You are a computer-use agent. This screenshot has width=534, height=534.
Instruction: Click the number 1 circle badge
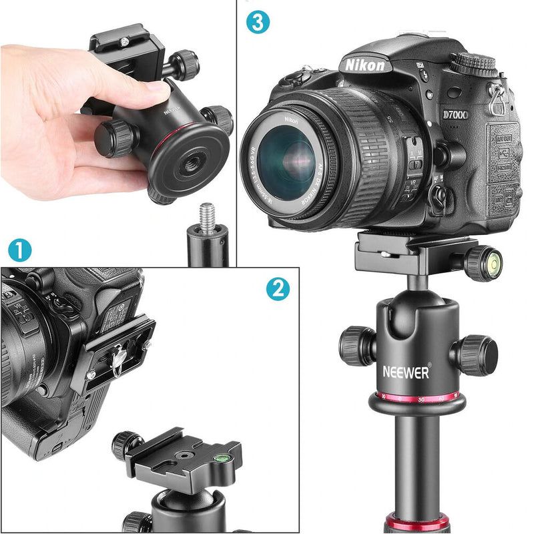coord(19,251)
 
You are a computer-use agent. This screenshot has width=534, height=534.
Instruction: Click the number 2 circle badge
coord(278,288)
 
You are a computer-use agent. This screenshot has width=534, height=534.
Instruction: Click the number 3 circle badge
coord(258,23)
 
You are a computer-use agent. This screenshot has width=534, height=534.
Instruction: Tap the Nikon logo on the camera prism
coord(364,65)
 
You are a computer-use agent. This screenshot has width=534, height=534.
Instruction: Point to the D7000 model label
coord(455,115)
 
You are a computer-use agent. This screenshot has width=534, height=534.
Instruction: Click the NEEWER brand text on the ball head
coord(407,372)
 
